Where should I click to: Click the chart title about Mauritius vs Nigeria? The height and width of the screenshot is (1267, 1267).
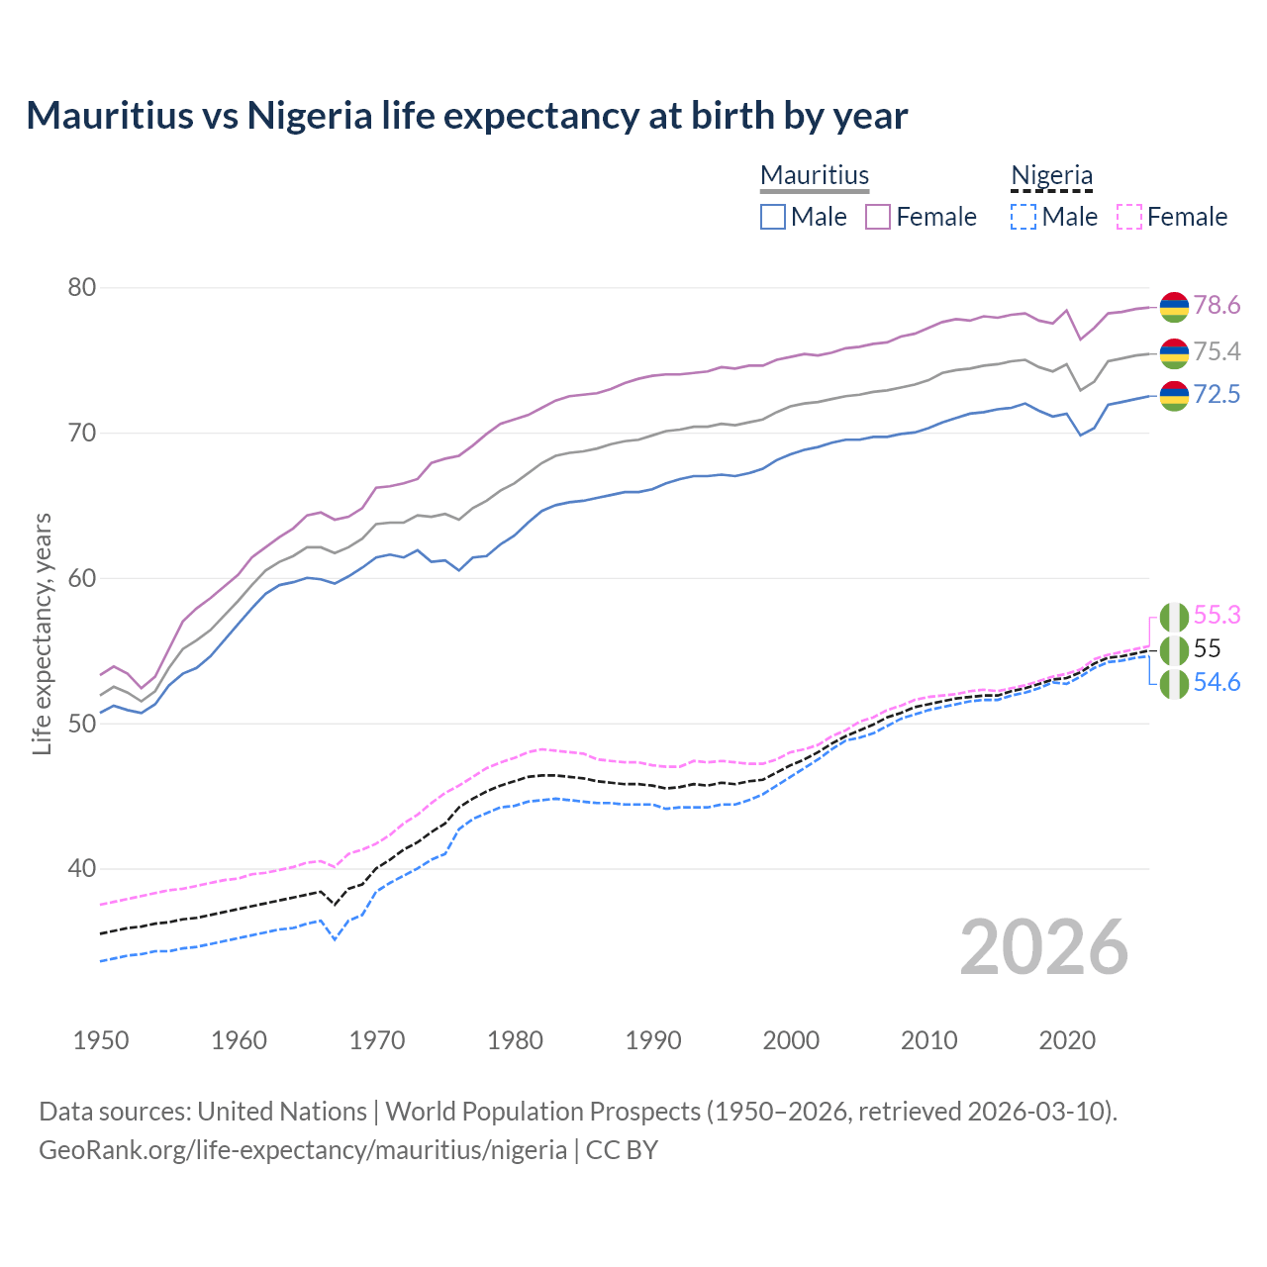click(466, 116)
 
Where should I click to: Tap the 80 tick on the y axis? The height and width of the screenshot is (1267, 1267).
click(81, 288)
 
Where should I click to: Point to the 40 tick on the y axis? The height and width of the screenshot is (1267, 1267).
click(81, 869)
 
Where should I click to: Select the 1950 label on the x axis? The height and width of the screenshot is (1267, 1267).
click(101, 1040)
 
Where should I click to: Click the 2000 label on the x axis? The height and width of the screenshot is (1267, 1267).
click(791, 1040)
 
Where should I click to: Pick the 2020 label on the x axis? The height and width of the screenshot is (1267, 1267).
click(1067, 1040)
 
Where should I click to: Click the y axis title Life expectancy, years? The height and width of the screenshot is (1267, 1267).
click(42, 633)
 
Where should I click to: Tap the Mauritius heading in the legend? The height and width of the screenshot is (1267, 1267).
click(815, 175)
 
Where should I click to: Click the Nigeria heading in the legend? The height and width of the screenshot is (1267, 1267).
click(1051, 175)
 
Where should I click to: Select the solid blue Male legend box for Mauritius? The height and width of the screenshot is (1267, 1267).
click(773, 217)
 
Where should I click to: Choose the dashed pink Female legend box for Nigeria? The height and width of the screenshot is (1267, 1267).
click(1129, 217)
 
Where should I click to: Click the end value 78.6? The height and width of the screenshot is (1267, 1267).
click(1217, 305)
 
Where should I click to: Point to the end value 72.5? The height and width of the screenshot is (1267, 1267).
click(1217, 394)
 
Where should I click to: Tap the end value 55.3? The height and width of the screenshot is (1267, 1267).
click(1217, 615)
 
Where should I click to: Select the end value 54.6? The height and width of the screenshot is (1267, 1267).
click(1217, 682)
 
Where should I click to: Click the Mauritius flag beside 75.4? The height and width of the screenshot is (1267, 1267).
click(1174, 352)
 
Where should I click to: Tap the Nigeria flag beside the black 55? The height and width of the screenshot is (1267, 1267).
click(1174, 649)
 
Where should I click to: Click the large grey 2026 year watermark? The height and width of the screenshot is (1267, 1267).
click(1043, 947)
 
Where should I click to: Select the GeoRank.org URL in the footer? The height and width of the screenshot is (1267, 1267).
click(303, 1150)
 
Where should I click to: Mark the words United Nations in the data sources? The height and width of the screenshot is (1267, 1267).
click(282, 1112)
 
